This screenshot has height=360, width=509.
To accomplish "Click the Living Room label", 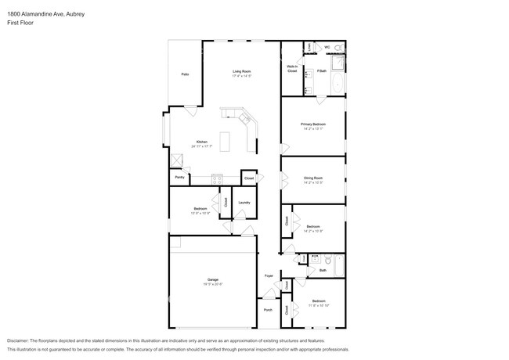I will click(240, 70).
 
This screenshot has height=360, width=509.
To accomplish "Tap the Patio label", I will click(185, 74).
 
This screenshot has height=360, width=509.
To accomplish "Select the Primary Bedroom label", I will click(312, 124).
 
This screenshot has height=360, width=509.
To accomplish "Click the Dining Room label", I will click(313, 178).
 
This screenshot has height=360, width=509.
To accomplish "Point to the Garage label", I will click(212, 279).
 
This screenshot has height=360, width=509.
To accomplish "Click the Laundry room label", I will click(244, 203).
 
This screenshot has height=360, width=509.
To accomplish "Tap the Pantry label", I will click(180, 178).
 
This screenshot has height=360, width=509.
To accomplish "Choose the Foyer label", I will click(269, 276).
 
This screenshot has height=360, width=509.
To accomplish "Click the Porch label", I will click(269, 311).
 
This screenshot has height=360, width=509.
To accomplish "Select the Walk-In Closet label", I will click(292, 70).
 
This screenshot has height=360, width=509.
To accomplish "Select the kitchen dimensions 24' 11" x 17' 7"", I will click(202, 146).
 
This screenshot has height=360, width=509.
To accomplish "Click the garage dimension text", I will click(212, 284).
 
